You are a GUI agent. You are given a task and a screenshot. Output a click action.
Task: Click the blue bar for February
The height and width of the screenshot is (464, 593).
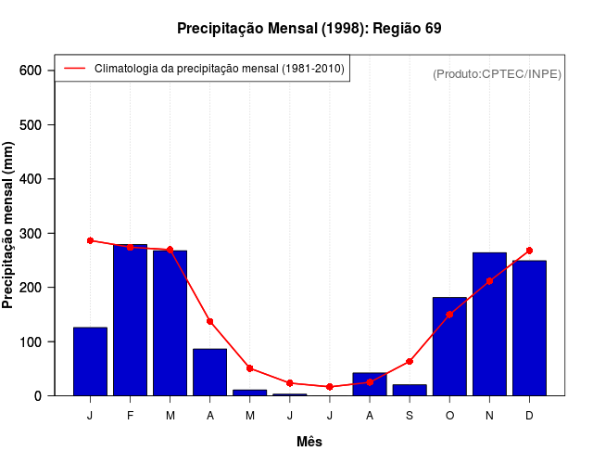pyautogui.click(x=130, y=320)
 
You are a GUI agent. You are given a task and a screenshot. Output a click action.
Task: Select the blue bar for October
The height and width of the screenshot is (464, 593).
pyautogui.click(x=449, y=346)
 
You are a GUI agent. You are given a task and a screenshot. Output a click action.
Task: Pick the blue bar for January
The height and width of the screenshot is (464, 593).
pyautogui.click(x=90, y=361)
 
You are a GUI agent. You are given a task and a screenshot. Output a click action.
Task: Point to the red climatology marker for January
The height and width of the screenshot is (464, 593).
pyautogui.click(x=90, y=240)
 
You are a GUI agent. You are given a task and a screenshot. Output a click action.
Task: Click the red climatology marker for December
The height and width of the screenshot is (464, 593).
pyautogui.click(x=529, y=251)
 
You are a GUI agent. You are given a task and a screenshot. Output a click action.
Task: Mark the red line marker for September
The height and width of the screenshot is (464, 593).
pyautogui.click(x=410, y=361)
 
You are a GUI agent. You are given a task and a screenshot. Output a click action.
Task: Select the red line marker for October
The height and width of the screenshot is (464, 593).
pyautogui.click(x=449, y=315)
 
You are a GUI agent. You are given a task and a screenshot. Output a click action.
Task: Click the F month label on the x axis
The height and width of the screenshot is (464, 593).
pyautogui.click(x=130, y=416)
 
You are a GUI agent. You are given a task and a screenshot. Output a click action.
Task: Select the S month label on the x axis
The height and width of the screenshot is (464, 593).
pyautogui.click(x=410, y=416)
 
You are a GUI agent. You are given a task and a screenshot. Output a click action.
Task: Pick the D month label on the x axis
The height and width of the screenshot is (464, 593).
pyautogui.click(x=529, y=416)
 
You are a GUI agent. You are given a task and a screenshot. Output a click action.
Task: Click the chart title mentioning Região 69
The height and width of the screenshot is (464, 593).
pyautogui.click(x=309, y=29)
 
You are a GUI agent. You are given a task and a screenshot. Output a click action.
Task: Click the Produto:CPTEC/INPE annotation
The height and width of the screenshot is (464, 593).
pyautogui.click(x=497, y=74)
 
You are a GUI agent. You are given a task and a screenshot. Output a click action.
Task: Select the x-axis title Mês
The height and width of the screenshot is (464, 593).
pyautogui.click(x=309, y=443)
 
